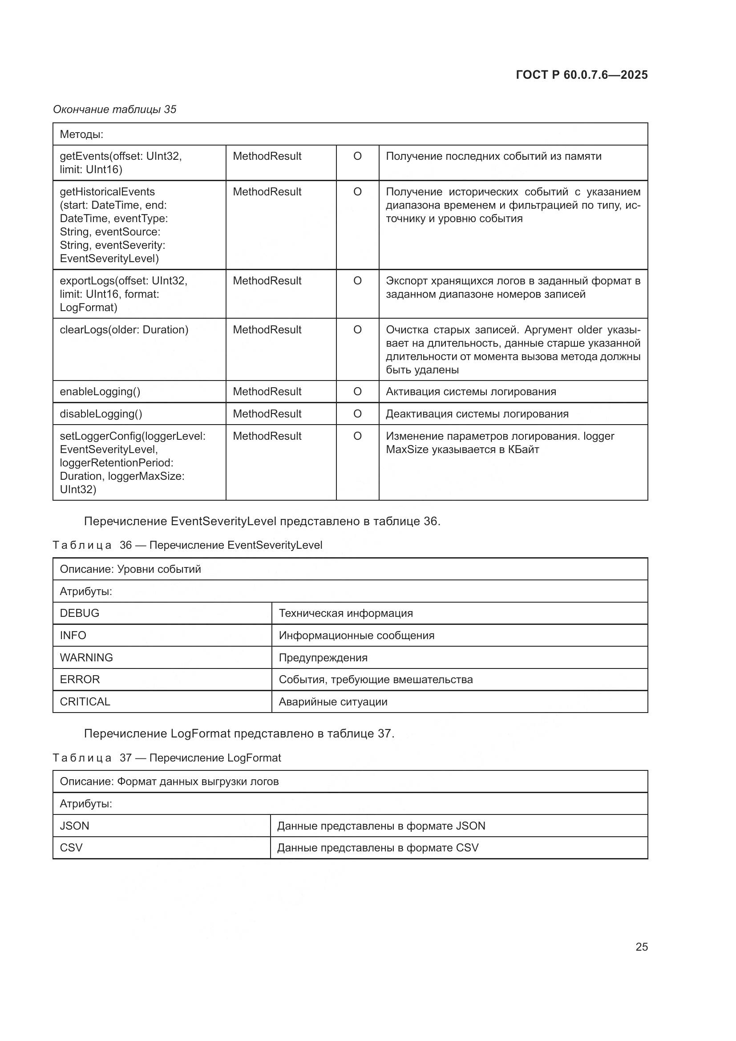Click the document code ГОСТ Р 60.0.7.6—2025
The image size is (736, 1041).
(582, 75)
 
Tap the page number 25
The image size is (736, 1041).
(641, 947)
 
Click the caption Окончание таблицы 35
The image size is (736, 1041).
(115, 109)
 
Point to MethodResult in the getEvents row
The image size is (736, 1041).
(267, 156)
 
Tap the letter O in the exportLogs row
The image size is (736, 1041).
(357, 281)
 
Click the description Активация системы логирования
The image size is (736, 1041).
(470, 391)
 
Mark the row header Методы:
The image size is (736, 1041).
(81, 134)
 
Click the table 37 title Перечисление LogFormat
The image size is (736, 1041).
(215, 757)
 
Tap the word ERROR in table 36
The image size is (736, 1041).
(80, 679)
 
